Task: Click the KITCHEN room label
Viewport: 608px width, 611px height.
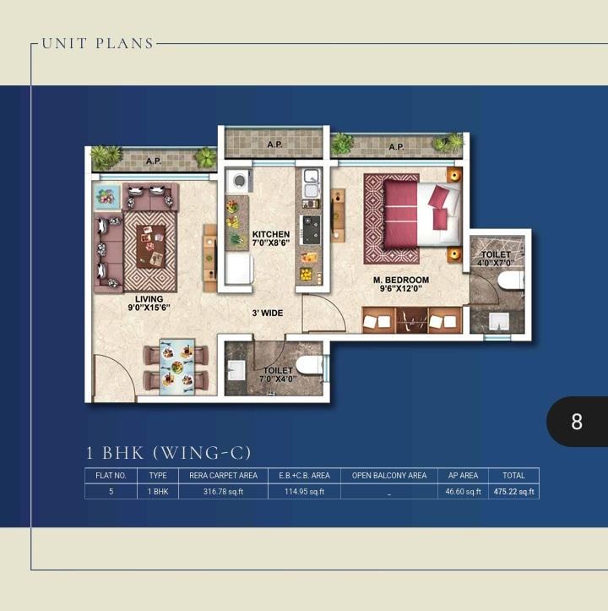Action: pos(271,234)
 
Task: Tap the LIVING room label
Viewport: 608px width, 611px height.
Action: pos(149,299)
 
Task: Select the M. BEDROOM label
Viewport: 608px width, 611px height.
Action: pos(401,280)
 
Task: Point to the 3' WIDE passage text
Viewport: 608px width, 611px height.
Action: pos(267,313)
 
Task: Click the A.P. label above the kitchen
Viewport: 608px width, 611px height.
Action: pos(274,145)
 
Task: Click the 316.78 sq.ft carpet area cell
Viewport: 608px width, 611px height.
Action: pos(223,491)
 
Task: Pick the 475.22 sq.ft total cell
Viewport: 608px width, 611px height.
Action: pos(513,491)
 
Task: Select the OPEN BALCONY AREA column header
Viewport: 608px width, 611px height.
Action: pos(389,476)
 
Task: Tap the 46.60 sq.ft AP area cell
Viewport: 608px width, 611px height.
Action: pos(463,491)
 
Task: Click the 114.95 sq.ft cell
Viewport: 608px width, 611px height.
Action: pos(304,491)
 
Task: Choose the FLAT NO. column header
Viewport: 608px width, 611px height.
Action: pos(111,476)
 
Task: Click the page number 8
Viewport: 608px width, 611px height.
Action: pos(577,422)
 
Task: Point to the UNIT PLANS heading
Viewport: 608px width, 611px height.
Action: pos(98,43)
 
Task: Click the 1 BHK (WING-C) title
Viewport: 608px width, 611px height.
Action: pos(168,453)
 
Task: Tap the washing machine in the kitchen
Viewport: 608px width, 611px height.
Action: pos(239,181)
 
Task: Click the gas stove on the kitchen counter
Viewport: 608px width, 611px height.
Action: pos(312,230)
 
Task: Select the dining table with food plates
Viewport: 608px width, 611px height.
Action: pos(176,367)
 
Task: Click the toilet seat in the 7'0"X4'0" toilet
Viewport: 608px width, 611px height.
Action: pos(309,366)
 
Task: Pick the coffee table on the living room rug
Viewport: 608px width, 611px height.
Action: pos(151,246)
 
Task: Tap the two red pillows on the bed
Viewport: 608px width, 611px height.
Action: pos(439,206)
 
